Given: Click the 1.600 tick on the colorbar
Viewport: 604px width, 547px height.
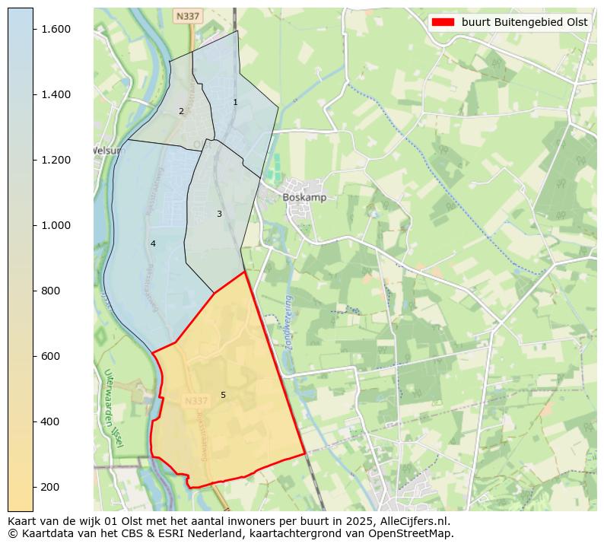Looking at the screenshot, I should [x=56, y=29].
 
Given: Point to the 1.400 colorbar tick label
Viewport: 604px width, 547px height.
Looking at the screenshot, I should [x=56, y=94].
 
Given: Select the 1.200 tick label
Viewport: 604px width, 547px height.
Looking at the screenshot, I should [x=56, y=160].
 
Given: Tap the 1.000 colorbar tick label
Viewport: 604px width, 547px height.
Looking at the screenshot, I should [x=56, y=225].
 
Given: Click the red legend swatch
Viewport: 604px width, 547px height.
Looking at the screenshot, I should [x=443, y=22].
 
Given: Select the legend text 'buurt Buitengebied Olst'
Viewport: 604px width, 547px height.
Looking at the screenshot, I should [x=524, y=22].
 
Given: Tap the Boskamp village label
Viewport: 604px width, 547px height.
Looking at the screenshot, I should [x=304, y=197].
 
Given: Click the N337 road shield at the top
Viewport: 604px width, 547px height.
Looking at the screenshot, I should [x=186, y=16].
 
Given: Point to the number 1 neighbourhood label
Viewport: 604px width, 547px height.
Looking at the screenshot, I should [x=235, y=102].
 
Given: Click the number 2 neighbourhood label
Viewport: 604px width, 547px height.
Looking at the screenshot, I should [x=181, y=111].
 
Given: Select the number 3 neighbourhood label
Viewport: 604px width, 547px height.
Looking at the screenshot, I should [x=219, y=214].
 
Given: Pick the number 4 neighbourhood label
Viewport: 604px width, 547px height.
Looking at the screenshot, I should [x=153, y=243].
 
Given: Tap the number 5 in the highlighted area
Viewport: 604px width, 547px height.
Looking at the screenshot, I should [x=223, y=395].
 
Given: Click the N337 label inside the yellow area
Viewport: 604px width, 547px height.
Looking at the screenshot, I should [x=196, y=401].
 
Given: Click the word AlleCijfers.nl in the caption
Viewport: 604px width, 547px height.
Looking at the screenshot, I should [x=414, y=522].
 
